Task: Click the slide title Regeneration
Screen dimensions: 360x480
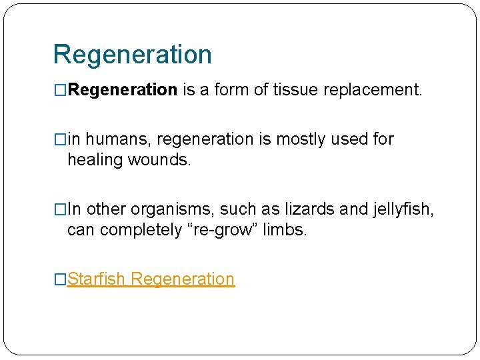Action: (x=132, y=55)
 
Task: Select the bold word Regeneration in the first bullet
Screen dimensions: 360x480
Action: (x=122, y=90)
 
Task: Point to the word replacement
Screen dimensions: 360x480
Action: (x=373, y=90)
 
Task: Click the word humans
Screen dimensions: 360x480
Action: (x=111, y=139)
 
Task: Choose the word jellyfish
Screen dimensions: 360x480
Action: (x=403, y=209)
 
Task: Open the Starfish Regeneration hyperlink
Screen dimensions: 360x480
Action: (x=151, y=279)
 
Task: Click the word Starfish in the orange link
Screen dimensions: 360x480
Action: (x=97, y=279)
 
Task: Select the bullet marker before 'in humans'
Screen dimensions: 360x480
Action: (x=60, y=139)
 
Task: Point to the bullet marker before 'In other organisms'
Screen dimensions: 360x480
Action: (x=60, y=209)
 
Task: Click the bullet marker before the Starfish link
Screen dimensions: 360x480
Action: (x=60, y=279)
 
